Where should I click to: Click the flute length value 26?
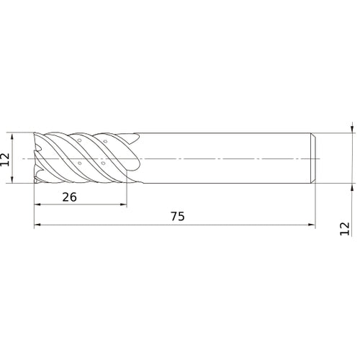click(x=70, y=197)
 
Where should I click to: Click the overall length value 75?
click(x=178, y=216)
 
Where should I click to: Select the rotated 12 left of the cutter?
click(x=5, y=159)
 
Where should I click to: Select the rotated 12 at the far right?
click(x=345, y=229)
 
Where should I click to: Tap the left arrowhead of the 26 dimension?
click(x=37, y=204)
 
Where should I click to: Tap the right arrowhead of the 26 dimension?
click(x=123, y=204)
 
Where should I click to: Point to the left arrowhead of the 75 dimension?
click(x=37, y=225)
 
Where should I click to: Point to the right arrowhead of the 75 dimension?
click(x=312, y=225)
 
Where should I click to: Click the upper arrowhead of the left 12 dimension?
click(x=12, y=136)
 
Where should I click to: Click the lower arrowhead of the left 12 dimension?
click(x=12, y=179)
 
